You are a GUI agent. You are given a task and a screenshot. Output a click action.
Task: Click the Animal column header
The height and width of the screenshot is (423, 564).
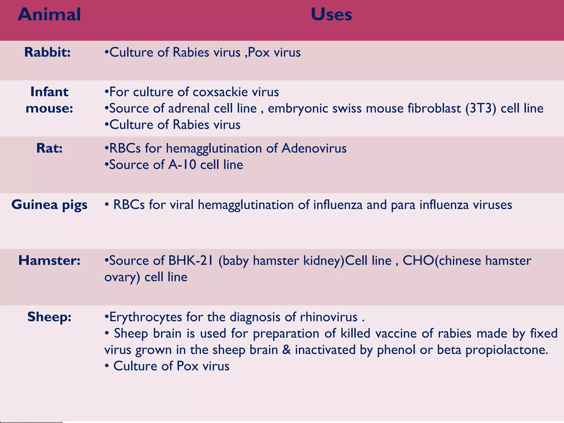point(49,14)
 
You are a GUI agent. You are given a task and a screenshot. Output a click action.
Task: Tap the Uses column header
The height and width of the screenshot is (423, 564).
point(331,14)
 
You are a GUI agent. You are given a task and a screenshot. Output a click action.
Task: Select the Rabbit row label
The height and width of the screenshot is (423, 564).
point(47,52)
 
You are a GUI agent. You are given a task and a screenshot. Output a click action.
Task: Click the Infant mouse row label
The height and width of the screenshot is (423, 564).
point(49,100)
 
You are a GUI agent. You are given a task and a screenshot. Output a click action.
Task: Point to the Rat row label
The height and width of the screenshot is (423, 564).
point(49,148)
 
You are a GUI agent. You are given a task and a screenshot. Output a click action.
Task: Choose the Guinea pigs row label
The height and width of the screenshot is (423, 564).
point(49,205)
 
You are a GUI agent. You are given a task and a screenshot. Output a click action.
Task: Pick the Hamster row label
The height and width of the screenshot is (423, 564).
point(49,260)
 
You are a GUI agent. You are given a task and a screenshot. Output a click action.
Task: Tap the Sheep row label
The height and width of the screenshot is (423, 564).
point(49,317)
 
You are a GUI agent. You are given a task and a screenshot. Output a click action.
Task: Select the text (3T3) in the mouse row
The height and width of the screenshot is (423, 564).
point(481,108)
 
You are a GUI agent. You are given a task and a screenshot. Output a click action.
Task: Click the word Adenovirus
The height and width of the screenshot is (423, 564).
point(314,148)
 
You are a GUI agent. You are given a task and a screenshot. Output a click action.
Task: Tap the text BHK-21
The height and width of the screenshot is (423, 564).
point(191,261)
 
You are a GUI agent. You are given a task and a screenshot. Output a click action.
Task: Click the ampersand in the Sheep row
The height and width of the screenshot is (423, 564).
point(286,350)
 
